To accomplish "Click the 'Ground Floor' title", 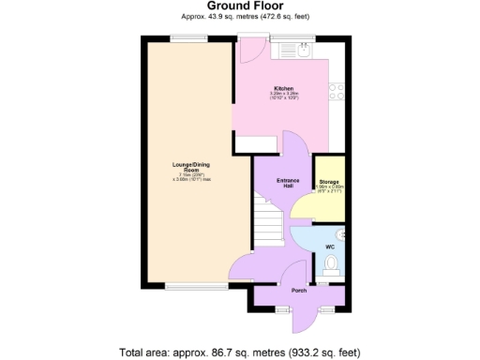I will click(x=240, y=6).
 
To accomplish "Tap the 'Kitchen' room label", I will click(x=283, y=88).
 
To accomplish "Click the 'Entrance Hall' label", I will click(x=287, y=183).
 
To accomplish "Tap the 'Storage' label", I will click(x=328, y=181).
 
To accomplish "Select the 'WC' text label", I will click(x=329, y=247).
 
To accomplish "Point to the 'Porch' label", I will click(x=299, y=291).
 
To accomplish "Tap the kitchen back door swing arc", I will click(x=250, y=52).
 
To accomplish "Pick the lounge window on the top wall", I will click(x=183, y=37).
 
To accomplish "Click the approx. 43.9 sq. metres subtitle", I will click(x=240, y=16).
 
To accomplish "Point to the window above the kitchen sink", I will click(x=283, y=37).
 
